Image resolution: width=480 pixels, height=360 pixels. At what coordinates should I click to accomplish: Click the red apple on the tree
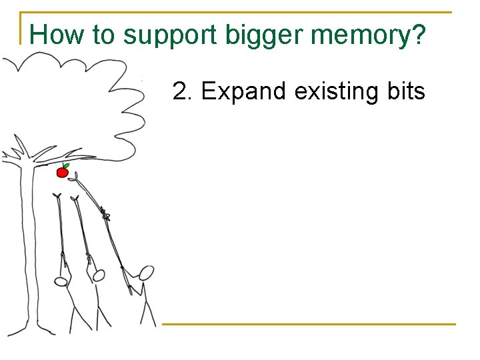pos(62,173)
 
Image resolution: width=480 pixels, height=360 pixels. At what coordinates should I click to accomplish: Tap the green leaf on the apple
pos(66,165)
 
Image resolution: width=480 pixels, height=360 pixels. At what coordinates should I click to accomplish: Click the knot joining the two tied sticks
pos(105,214)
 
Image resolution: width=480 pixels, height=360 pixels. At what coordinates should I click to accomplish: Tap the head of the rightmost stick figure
pos(146,272)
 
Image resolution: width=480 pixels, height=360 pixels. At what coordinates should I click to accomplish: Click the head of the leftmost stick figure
pos(61,282)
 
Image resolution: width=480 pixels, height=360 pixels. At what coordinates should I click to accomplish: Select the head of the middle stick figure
pos(99,274)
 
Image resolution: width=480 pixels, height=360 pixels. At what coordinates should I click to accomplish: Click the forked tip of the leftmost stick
pos(57,195)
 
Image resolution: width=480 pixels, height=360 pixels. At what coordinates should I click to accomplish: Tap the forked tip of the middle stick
pos(75,198)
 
